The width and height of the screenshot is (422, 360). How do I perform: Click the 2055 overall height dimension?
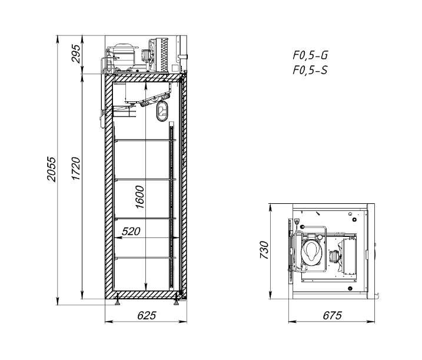[51, 169]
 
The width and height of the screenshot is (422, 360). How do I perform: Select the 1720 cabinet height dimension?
[76, 169]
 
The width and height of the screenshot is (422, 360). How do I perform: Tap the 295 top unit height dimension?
[76, 54]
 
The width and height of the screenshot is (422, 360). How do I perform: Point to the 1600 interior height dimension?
[140, 197]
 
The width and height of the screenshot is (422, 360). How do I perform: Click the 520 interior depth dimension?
[131, 231]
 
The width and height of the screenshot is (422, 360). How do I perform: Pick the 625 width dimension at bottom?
[147, 315]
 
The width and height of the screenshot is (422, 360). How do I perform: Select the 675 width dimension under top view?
[333, 315]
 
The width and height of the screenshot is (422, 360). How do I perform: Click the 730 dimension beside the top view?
[264, 250]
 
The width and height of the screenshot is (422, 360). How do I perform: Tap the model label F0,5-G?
[310, 55]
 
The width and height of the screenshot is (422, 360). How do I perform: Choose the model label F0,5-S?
[310, 70]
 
